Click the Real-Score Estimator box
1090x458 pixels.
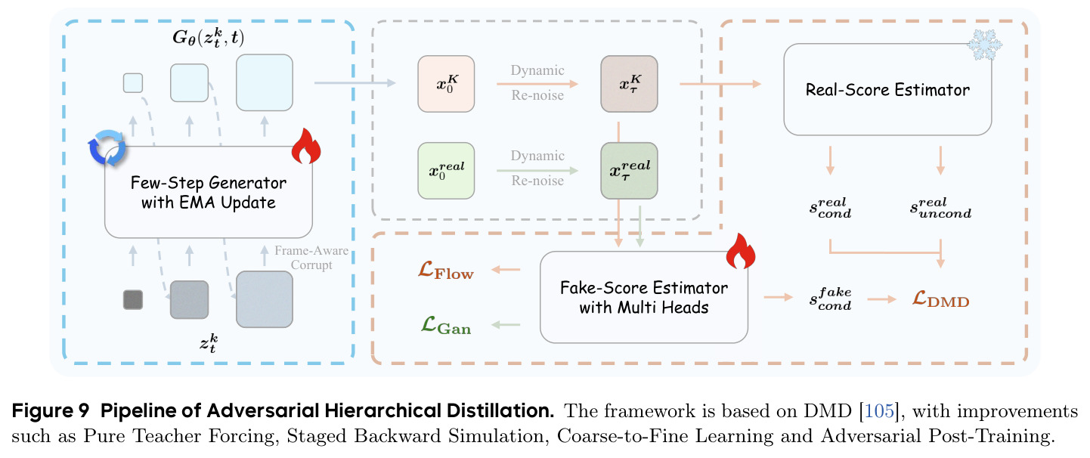click(887, 89)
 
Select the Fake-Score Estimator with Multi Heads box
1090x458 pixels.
click(643, 297)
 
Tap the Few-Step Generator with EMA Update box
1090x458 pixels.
click(209, 192)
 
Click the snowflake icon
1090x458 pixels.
click(984, 45)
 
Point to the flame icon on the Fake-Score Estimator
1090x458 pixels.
click(741, 251)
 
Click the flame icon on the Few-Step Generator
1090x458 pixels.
click(306, 146)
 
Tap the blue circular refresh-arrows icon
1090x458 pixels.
click(107, 147)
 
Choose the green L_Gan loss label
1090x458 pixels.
click(446, 325)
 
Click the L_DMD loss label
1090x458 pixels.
click(940, 299)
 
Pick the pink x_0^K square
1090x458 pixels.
click(446, 84)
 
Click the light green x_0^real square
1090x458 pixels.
click(446, 170)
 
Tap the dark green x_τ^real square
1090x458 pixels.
click(629, 170)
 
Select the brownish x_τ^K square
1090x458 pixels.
click(629, 84)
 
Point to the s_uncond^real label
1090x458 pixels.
click(940, 208)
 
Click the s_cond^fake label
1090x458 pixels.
click(831, 299)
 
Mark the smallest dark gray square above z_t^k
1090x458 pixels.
click(133, 300)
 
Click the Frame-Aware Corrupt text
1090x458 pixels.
click(311, 258)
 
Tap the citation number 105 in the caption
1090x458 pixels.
click(879, 411)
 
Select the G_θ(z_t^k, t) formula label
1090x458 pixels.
click(209, 38)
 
